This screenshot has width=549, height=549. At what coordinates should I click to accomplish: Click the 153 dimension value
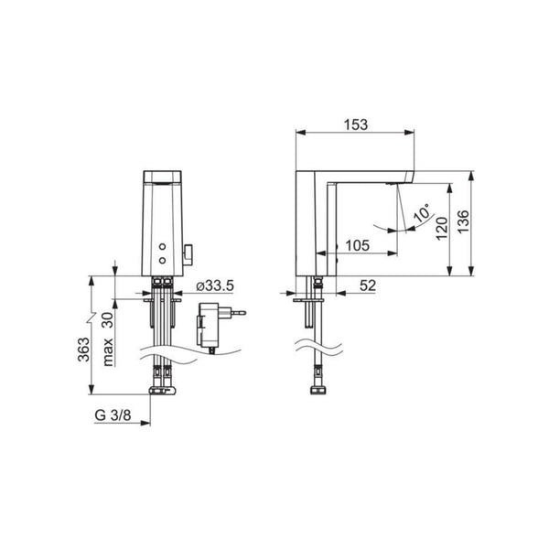pos(356,124)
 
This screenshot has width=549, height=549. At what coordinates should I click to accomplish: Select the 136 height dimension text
pos(463,221)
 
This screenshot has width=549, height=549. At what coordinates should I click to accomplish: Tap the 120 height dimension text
pos(442,228)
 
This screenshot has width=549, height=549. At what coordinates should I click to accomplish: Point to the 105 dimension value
pos(357,245)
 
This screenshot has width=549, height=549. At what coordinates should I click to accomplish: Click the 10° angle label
pos(422,212)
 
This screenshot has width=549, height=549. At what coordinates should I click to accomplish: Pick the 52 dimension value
pos(368,285)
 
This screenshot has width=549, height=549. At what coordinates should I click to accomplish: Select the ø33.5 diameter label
pos(215,285)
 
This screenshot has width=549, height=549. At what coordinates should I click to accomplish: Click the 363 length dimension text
pos(83,350)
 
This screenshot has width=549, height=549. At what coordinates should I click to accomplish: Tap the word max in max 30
pos(108,351)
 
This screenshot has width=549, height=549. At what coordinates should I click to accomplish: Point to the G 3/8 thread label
pos(113,415)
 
